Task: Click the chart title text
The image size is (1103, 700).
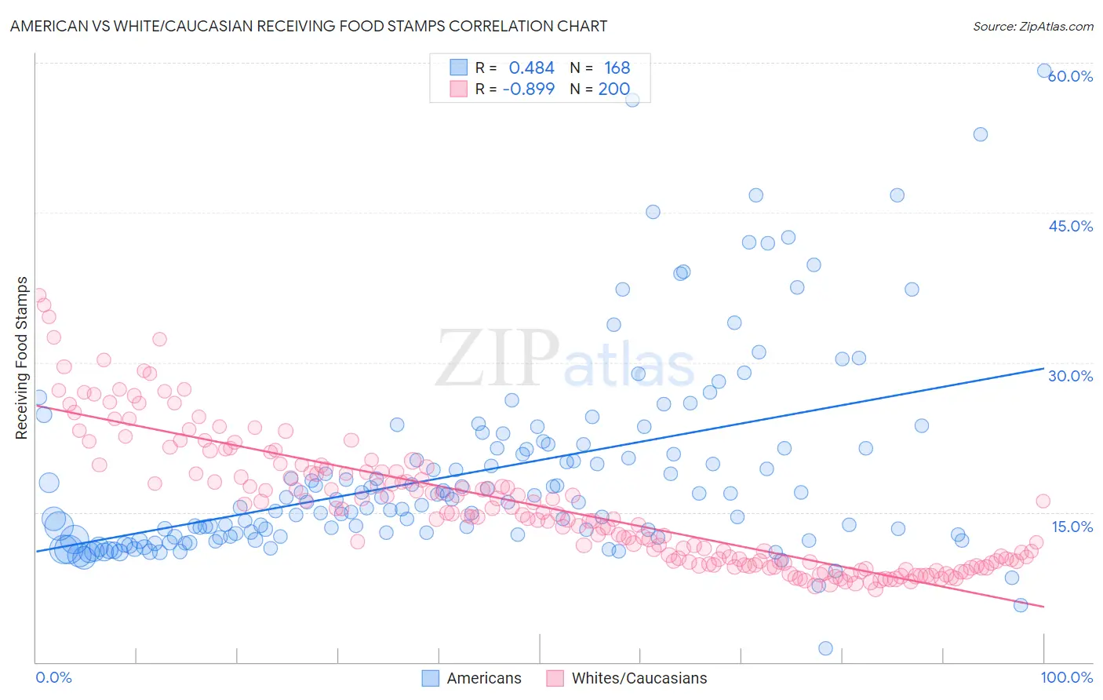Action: pos(308,26)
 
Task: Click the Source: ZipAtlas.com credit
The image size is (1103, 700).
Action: pos(1032,26)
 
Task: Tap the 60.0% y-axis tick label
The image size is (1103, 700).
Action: pos(1071,76)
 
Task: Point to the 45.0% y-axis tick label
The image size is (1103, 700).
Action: pos(1071,226)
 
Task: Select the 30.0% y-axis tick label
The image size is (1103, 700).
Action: pos(1071,376)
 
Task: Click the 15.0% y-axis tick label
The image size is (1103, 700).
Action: pos(1072,527)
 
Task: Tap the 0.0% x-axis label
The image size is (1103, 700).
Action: pos(53,677)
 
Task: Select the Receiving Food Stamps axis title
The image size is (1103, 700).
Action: pos(22,358)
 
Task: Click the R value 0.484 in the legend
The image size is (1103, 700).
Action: pos(531,68)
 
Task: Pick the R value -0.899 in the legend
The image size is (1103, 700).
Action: pos(528,89)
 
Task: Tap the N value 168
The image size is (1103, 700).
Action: pos(617,68)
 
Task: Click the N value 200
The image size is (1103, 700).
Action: pos(614,89)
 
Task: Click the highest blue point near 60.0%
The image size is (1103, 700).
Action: pos(1044,71)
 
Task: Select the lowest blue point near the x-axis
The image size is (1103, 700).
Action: pos(825,648)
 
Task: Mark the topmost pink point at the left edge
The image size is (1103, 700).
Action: pos(38,296)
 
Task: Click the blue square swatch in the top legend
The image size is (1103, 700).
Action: pos(458,67)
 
